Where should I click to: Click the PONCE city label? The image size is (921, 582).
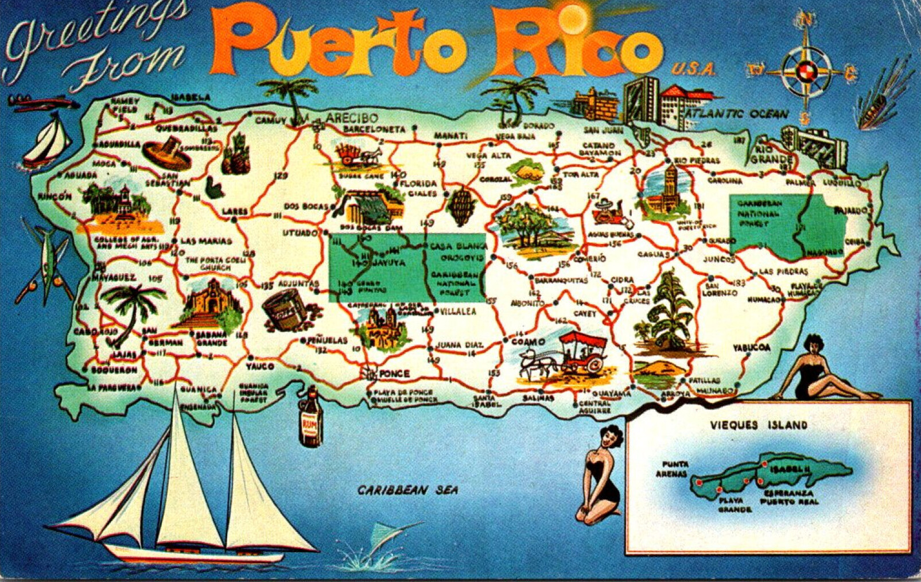pos(395,374)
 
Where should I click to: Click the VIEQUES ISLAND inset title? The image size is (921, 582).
pos(759,425)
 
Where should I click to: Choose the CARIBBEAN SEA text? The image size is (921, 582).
pos(408,490)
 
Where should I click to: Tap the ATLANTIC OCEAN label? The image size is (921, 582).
pos(738,114)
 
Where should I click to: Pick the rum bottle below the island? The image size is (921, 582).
pos(310,417)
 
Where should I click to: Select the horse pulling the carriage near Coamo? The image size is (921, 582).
pos(536,363)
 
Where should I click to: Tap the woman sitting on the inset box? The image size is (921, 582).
pos(821,368)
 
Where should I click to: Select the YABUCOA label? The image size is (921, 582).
pos(751,348)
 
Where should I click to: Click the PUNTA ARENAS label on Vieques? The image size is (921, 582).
pos(672,469)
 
